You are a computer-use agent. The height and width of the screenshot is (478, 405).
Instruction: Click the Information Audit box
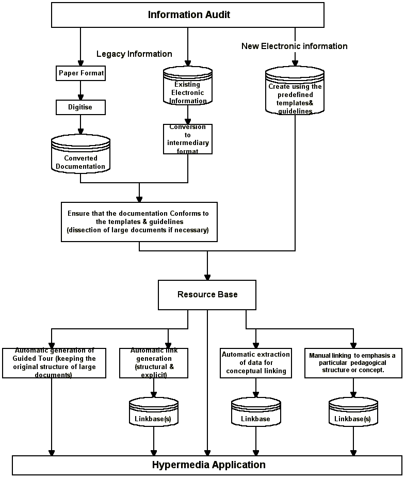pos(188,15)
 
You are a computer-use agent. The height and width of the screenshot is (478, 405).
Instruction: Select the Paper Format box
pos(81,73)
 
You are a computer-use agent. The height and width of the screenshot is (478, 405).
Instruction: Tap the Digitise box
pos(81,107)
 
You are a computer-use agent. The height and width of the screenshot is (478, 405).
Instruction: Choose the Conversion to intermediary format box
pos(188,139)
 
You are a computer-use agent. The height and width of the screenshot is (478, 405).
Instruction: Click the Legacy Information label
pos(134,54)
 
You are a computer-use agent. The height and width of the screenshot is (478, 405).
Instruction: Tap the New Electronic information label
pos(294,46)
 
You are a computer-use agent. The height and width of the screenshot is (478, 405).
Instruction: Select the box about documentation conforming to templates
pos(138,221)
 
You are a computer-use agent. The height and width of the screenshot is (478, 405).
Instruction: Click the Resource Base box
pos(207,294)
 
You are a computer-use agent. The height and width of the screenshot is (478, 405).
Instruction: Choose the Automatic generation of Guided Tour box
pos(54,363)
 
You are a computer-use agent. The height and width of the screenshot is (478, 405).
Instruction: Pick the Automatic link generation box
pos(154,363)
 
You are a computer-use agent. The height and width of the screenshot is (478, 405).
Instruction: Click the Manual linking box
pos(353,363)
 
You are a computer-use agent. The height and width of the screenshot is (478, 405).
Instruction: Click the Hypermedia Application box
pos(207,465)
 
